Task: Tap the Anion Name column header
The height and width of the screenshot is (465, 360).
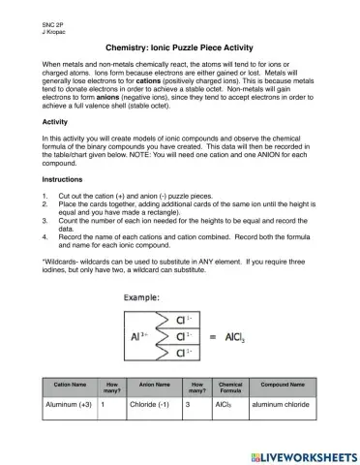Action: point(153,386)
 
